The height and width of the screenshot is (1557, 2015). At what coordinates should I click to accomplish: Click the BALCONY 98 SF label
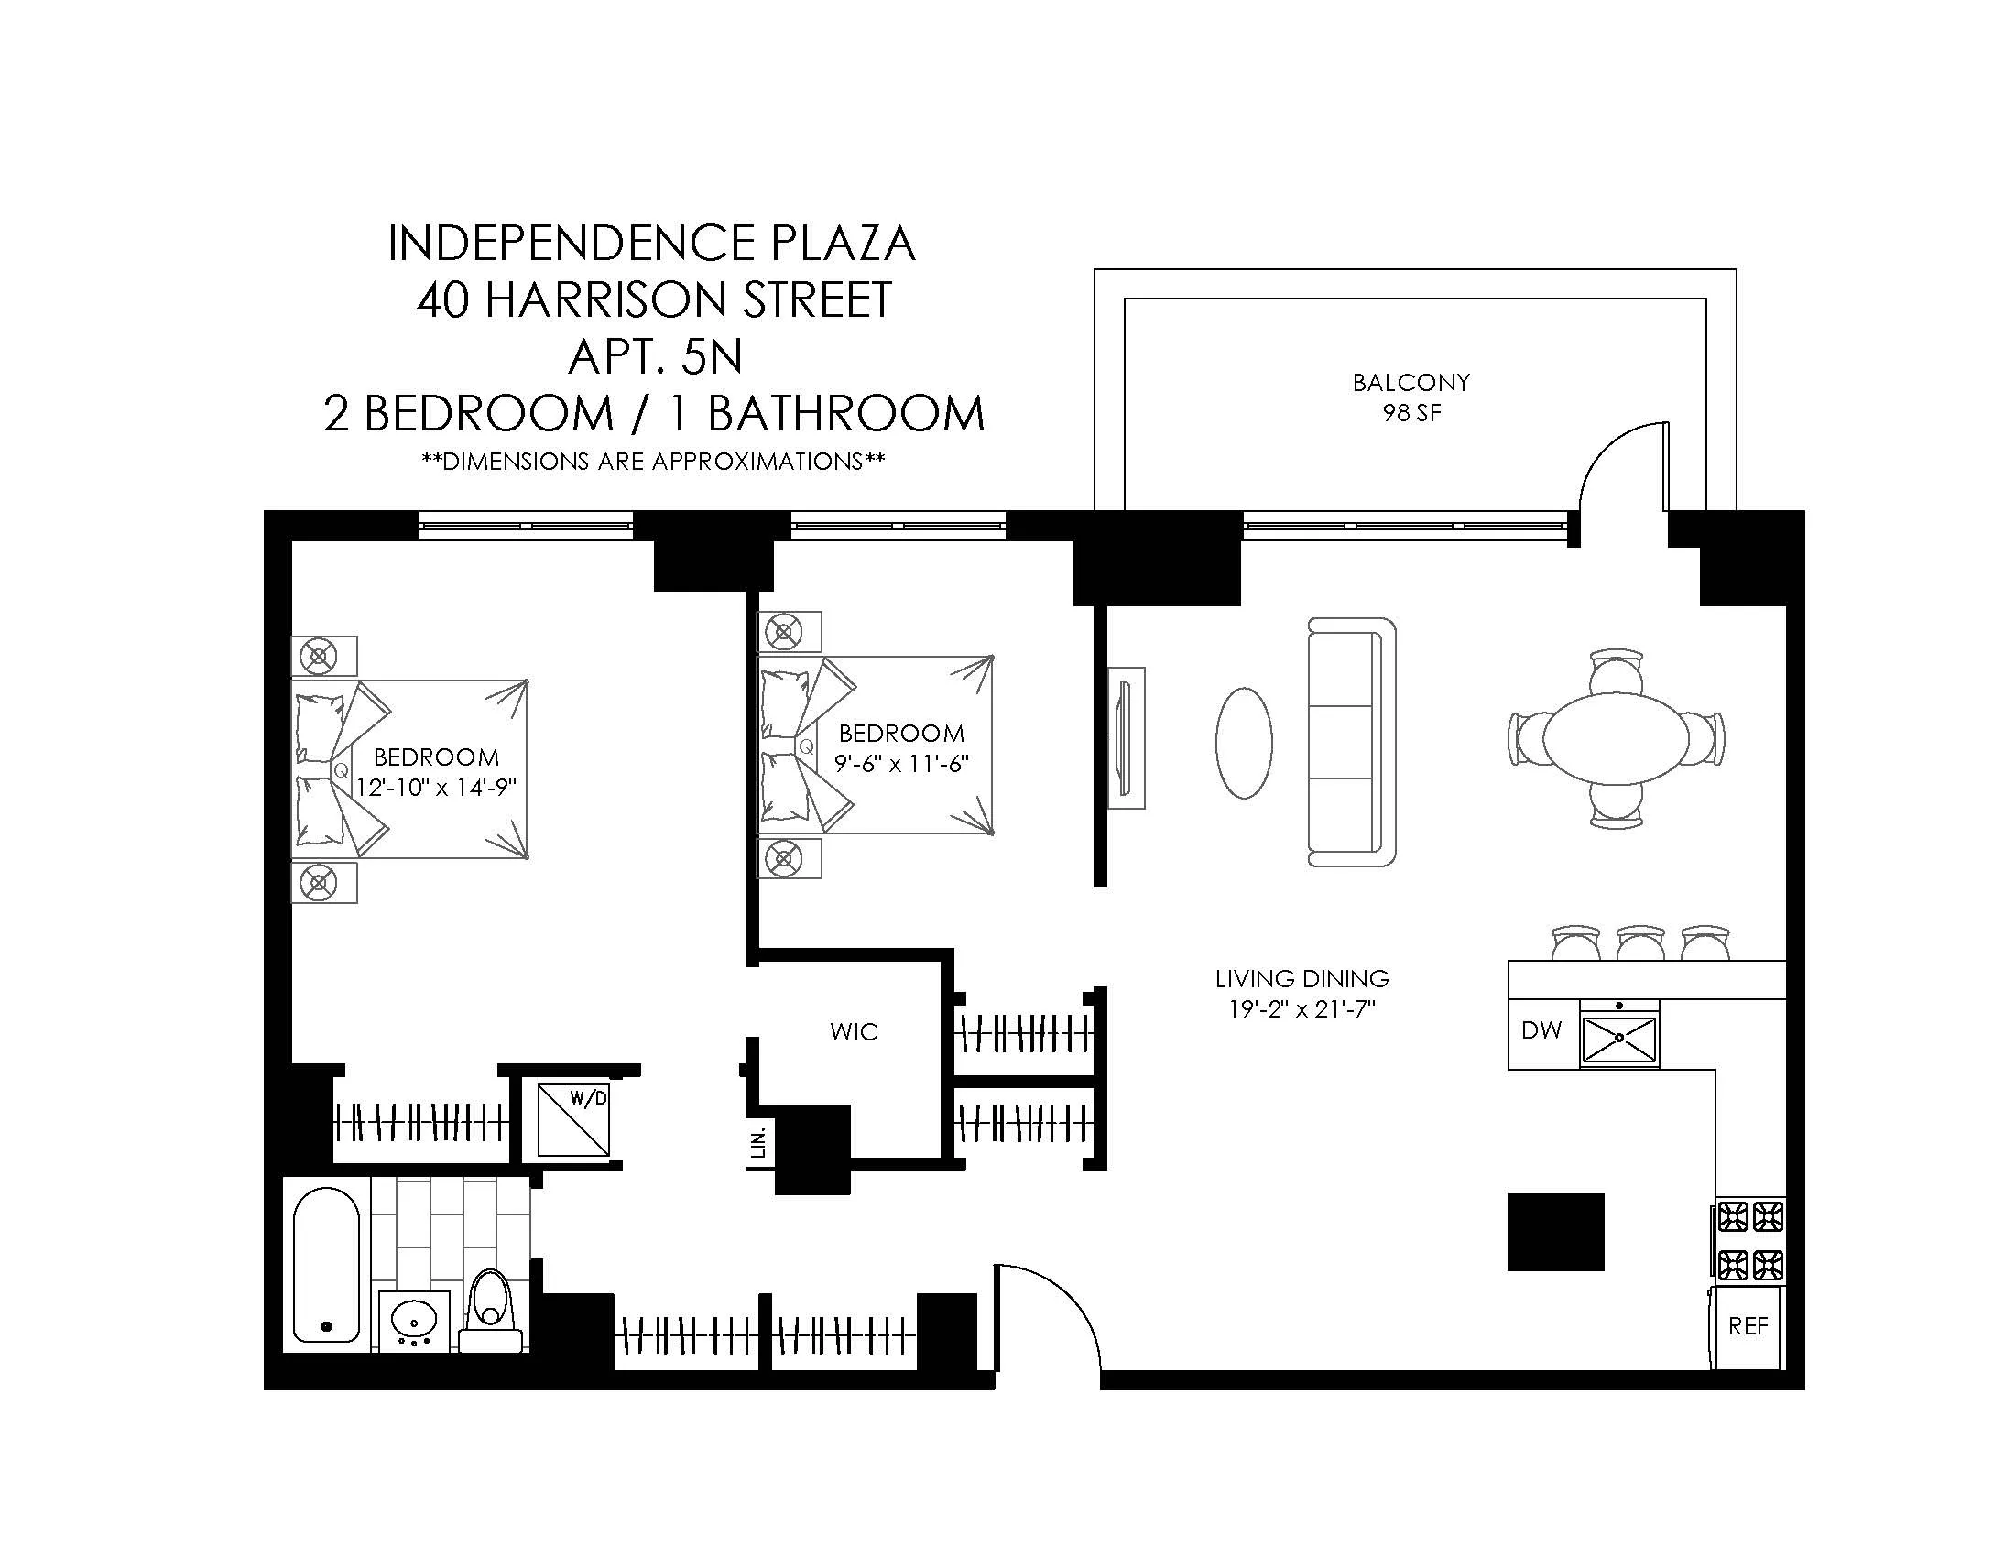(1410, 397)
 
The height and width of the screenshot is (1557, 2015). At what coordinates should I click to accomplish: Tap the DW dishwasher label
(1541, 1030)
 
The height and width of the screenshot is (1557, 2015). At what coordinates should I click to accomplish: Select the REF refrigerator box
(1748, 1326)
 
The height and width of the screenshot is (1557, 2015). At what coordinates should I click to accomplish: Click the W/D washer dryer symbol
(574, 1120)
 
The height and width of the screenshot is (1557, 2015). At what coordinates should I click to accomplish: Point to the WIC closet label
(854, 1032)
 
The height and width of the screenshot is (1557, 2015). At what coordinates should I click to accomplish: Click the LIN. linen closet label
(759, 1144)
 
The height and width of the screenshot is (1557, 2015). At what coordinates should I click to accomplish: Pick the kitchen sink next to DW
(1619, 1037)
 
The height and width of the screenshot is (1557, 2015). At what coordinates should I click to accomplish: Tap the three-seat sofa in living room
(1351, 742)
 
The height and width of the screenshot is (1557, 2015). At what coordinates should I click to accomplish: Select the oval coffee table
(1244, 743)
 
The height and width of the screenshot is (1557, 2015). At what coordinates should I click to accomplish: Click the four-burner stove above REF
(1749, 1241)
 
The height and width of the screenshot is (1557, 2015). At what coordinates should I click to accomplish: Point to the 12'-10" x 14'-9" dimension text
(435, 788)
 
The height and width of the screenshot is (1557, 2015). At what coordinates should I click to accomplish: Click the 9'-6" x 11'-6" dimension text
(900, 764)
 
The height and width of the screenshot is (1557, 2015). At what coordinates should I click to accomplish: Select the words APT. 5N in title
(655, 357)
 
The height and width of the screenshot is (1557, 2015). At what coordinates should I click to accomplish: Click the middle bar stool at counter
(1639, 942)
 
